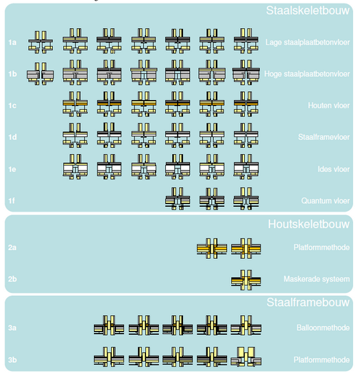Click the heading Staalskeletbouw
[x=308, y=10]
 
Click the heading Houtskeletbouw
[x=309, y=224]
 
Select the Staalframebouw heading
[x=308, y=303]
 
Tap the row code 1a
[x=12, y=42]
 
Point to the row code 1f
[x=12, y=201]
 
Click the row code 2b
[x=12, y=279]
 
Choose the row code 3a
[x=12, y=328]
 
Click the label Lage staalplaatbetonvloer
[x=308, y=42]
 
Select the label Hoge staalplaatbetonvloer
[x=307, y=74]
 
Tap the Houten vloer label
[x=328, y=105]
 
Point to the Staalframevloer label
[x=324, y=137]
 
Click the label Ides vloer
[x=333, y=169]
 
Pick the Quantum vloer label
[x=326, y=201]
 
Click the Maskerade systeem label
[x=317, y=279]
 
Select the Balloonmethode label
[x=323, y=328]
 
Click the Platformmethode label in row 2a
[x=322, y=247]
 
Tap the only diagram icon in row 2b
[x=246, y=280]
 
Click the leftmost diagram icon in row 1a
[x=40, y=42]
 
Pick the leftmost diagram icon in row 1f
[x=178, y=199]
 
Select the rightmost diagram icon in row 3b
[x=246, y=357]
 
